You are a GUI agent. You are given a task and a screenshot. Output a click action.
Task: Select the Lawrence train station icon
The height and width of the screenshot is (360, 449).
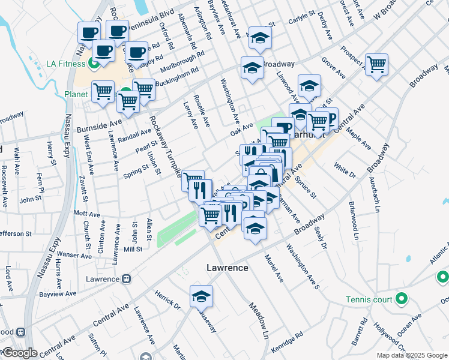point(126,278)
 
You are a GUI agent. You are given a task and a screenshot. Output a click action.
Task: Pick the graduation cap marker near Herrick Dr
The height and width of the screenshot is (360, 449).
point(201,296)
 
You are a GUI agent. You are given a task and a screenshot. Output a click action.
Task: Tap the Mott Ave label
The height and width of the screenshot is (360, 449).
point(86,214)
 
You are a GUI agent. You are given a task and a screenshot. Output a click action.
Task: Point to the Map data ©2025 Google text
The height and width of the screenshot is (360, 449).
point(411,355)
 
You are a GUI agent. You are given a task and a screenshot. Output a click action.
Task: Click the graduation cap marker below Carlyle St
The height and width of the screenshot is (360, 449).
point(260,38)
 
